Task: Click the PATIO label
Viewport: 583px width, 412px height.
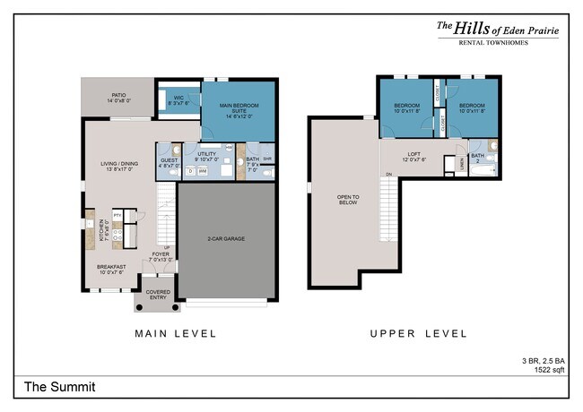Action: tap(117, 94)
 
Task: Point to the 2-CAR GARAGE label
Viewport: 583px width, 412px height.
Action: tap(226, 238)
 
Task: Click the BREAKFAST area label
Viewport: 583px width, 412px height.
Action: tap(112, 266)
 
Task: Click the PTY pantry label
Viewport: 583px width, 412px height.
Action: tap(117, 215)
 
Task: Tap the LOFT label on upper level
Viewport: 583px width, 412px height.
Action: tap(414, 154)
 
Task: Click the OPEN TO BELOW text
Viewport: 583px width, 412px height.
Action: tap(347, 199)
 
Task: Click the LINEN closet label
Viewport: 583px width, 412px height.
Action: tap(461, 162)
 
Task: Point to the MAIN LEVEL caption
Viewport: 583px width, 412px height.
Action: tap(175, 333)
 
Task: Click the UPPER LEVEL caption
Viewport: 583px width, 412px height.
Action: tap(418, 333)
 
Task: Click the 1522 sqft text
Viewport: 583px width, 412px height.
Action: tap(546, 369)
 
